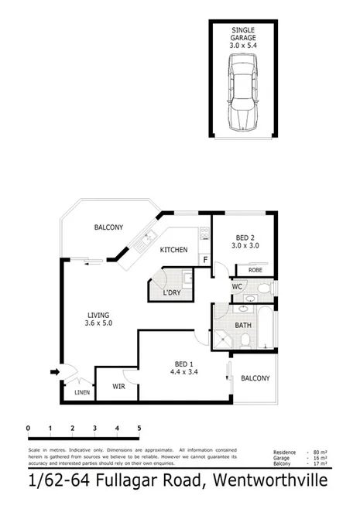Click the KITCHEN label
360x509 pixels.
point(175,250)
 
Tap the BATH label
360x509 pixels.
point(243,326)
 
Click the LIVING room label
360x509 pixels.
point(98,318)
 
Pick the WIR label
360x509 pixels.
point(118,384)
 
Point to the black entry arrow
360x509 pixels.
point(54,373)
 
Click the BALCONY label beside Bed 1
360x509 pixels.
point(255,378)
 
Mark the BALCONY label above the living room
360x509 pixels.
point(108,227)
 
